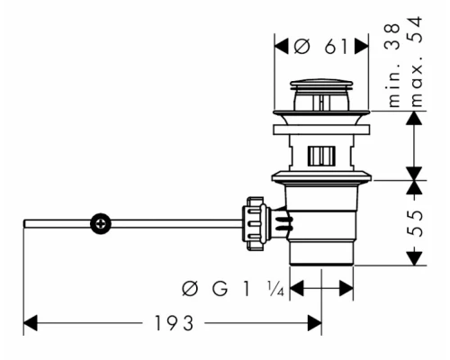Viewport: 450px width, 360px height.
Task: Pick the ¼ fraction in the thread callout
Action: pos(277,290)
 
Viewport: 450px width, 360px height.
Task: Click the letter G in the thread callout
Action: pos(217,290)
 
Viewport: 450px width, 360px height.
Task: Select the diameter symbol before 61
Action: pos(303,47)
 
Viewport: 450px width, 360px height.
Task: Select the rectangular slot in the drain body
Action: pos(320,156)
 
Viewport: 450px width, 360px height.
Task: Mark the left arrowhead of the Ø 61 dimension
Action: pos(278,47)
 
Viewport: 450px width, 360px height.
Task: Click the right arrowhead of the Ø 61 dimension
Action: pos(363,47)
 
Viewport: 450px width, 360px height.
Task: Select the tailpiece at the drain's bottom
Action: pos(321,253)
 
